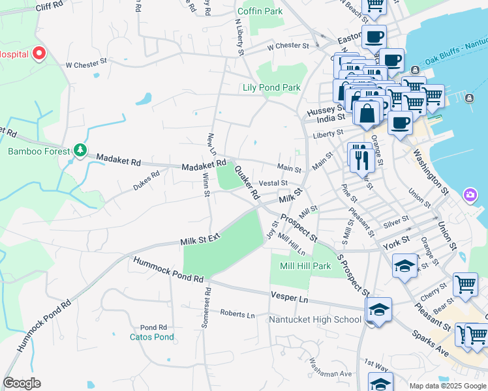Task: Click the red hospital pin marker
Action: (x=39, y=53)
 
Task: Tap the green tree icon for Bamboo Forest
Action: (x=80, y=151)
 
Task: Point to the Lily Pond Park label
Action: (x=271, y=87)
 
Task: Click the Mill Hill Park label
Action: (x=305, y=266)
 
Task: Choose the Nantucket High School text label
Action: (x=315, y=319)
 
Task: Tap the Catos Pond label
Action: (x=151, y=337)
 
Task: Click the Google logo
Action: (x=22, y=383)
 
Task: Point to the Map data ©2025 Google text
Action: (x=447, y=385)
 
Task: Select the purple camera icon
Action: (x=470, y=195)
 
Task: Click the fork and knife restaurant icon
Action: (x=360, y=158)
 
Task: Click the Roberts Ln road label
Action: (x=237, y=314)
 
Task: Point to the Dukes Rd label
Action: (x=146, y=179)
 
